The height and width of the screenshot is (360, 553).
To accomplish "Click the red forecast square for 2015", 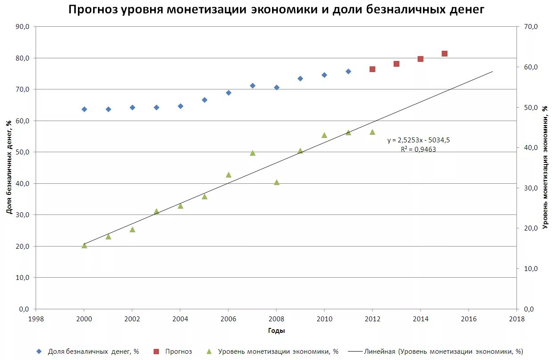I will click(444, 54).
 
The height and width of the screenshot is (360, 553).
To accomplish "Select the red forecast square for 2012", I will click(372, 69).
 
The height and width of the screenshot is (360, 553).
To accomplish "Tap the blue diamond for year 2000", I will click(84, 109).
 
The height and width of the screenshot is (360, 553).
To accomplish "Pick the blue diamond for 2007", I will click(252, 85).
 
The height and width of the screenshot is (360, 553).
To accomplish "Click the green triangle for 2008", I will click(276, 182).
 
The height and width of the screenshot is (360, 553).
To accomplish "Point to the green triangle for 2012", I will click(372, 132).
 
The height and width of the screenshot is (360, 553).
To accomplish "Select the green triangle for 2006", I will click(228, 175).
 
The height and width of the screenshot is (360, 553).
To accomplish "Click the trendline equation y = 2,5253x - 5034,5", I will click(418, 140).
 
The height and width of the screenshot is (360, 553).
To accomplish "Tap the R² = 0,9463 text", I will click(418, 150).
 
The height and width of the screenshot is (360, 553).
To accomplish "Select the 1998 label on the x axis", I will click(36, 319).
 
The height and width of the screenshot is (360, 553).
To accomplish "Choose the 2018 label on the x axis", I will click(516, 319).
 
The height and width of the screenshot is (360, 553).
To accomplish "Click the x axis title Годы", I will click(276, 331).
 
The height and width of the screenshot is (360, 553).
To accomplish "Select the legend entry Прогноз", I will click(178, 352).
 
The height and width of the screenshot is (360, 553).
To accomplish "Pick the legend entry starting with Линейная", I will click(443, 352).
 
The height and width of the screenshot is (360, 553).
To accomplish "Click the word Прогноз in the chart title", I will click(93, 9).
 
